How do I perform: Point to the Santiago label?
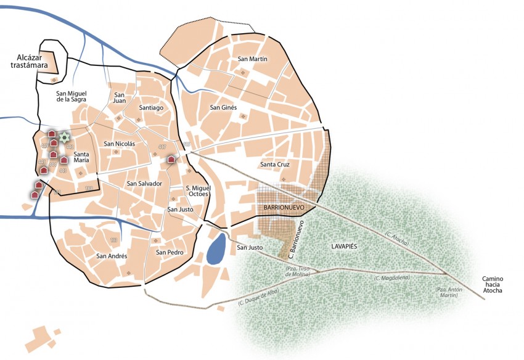point(151,108)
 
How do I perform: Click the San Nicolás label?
point(120,144)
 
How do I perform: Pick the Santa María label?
point(82,157)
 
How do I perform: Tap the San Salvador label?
point(144,184)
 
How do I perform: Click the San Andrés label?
point(112,256)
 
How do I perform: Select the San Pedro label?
point(170,252)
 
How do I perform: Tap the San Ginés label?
point(223,107)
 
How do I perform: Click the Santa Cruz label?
point(275,165)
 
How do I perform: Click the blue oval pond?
point(216,250)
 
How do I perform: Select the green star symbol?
point(64,137)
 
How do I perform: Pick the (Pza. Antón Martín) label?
point(446,292)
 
